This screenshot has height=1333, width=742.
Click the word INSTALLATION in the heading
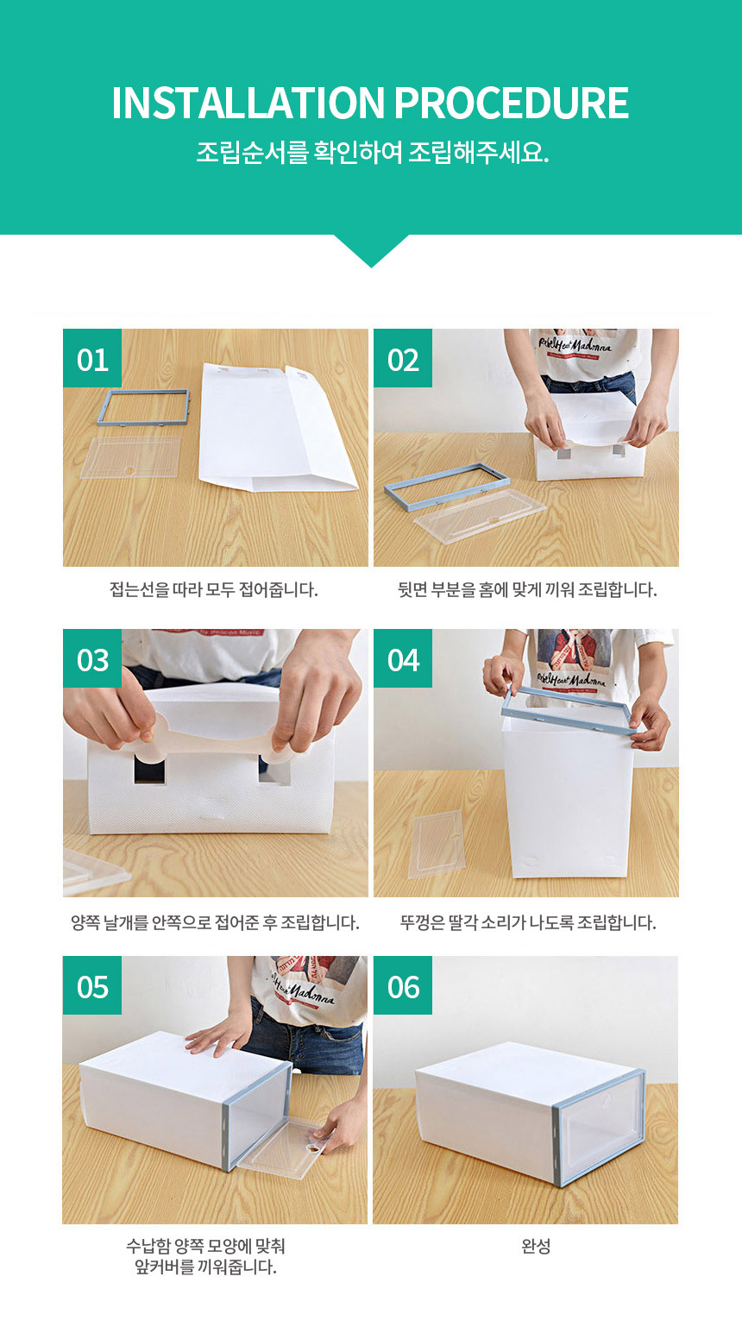tap(248, 103)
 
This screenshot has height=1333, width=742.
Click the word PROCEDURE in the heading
tap(511, 103)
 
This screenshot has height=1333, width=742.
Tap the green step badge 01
tap(92, 358)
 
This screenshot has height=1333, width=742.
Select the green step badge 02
tap(403, 358)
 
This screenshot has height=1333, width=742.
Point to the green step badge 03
tap(92, 658)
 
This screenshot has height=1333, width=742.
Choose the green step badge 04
tap(403, 658)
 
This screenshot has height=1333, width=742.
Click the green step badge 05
tap(92, 985)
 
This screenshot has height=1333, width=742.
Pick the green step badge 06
tap(403, 985)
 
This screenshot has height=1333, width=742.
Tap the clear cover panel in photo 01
tap(131, 457)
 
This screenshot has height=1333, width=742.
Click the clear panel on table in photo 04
tap(437, 844)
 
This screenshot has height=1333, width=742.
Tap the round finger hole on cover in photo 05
tap(312, 1147)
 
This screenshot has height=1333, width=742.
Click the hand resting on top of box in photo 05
tap(217, 1034)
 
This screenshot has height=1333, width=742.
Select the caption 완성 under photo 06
tap(536, 1246)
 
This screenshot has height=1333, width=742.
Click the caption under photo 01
tap(214, 590)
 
